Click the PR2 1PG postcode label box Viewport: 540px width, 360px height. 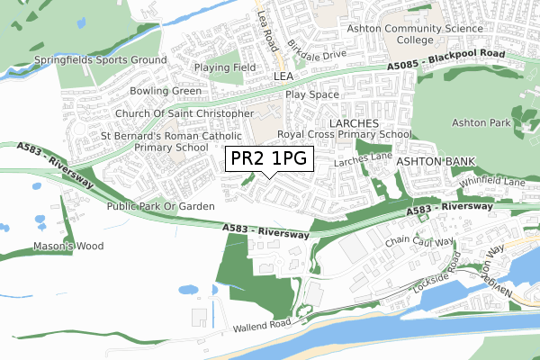pyautogui.click(x=269, y=159)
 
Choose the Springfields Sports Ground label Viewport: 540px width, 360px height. pyautogui.click(x=100, y=60)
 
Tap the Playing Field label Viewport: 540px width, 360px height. pyautogui.click(x=226, y=67)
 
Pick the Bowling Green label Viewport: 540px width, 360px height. pyautogui.click(x=166, y=91)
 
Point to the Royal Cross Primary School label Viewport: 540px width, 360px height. pyautogui.click(x=345, y=134)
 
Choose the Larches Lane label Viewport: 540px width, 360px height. pyautogui.click(x=363, y=160)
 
